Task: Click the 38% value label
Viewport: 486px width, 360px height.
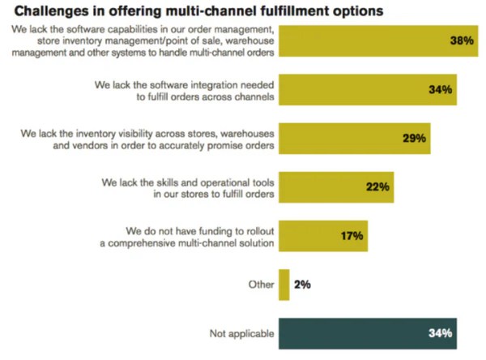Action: tap(463, 41)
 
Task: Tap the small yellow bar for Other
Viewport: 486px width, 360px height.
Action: tap(283, 285)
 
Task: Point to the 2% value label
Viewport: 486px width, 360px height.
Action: tap(302, 285)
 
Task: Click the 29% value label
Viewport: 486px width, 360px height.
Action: tap(414, 138)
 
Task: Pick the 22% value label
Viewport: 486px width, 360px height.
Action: tap(377, 186)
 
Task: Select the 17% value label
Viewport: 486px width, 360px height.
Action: tap(352, 236)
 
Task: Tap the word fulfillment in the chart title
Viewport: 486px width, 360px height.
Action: tap(294, 11)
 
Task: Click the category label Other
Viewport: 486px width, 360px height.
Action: tap(260, 285)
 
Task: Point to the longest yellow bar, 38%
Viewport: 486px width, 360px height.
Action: tap(364, 41)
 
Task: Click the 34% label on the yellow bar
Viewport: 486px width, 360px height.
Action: tap(440, 89)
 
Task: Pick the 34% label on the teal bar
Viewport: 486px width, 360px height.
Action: tap(440, 333)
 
